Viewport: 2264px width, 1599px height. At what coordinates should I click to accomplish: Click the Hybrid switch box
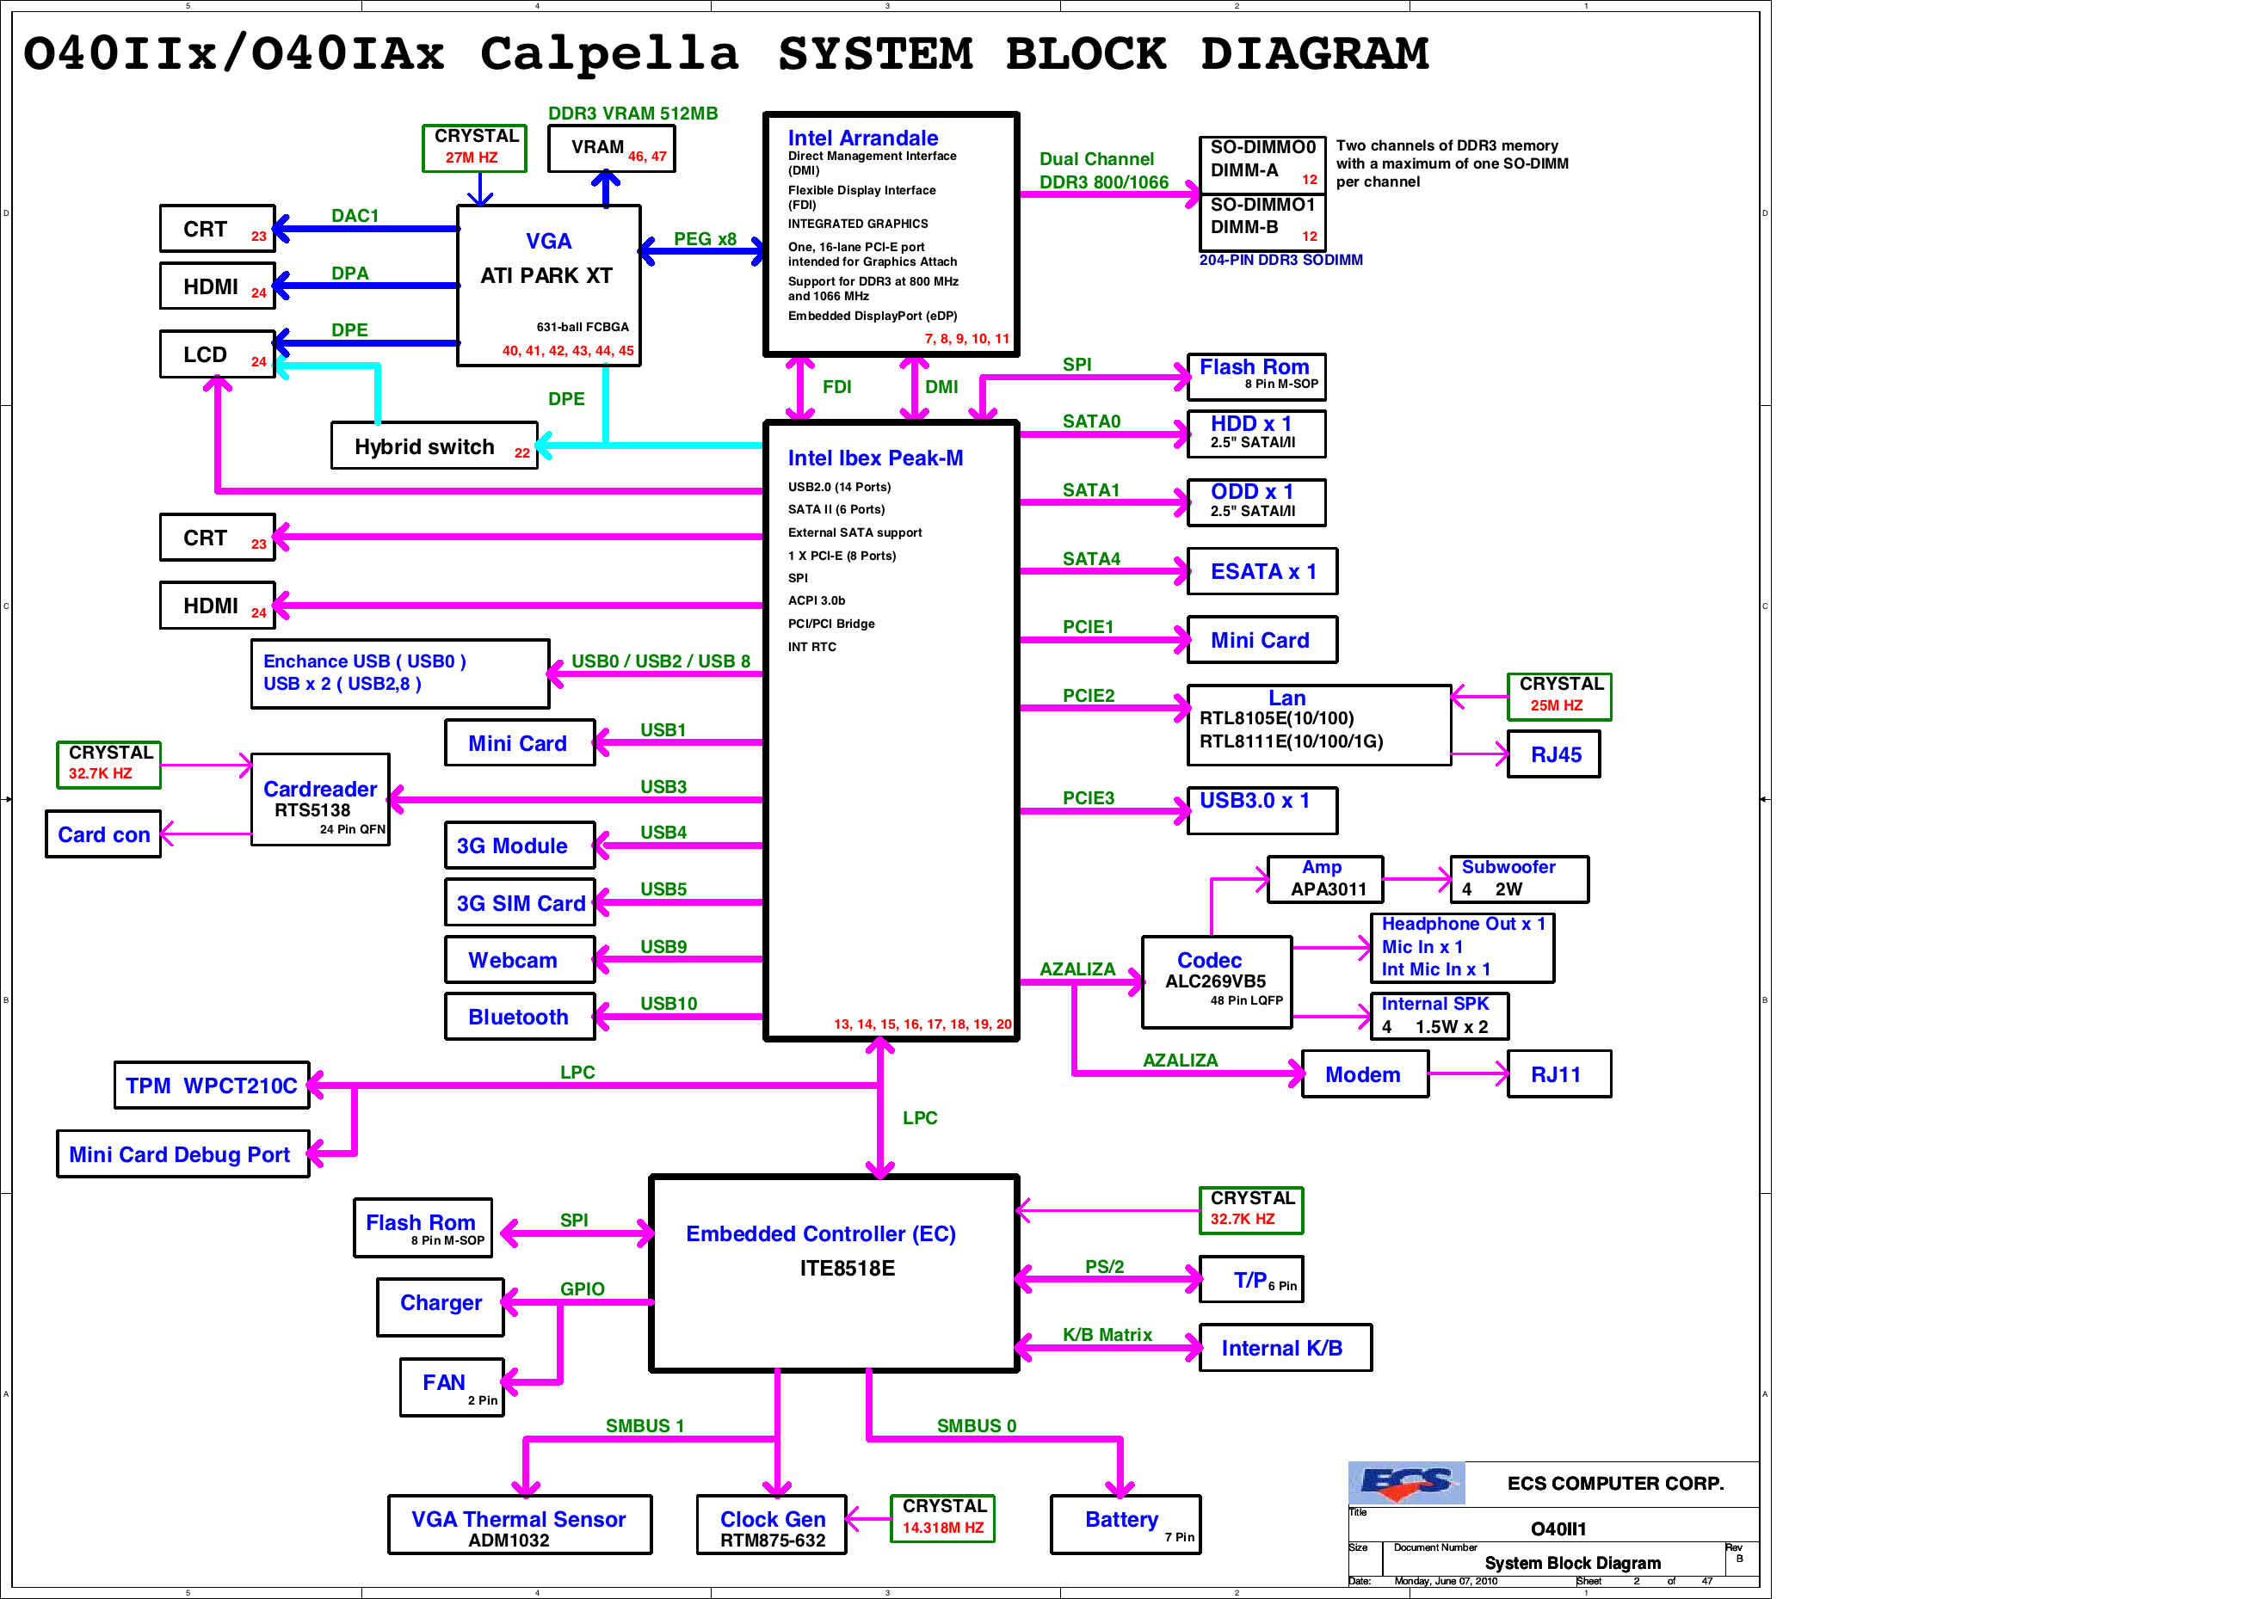pyautogui.click(x=433, y=446)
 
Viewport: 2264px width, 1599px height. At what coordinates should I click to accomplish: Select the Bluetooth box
pyautogui.click(x=519, y=1017)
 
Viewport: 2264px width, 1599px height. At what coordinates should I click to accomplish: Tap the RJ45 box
pyautogui.click(x=1554, y=755)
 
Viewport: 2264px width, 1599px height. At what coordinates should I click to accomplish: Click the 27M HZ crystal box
pyautogui.click(x=473, y=147)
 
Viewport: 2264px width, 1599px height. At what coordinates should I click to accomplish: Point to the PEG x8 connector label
pyautogui.click(x=704, y=238)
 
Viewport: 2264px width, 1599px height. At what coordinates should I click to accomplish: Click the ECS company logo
pyautogui.click(x=1405, y=1482)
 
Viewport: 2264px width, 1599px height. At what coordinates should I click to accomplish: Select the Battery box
pyautogui.click(x=1125, y=1524)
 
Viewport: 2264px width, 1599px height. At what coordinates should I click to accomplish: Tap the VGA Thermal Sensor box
pyautogui.click(x=519, y=1525)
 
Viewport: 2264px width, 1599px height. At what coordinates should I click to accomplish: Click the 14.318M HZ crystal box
pyautogui.click(x=941, y=1518)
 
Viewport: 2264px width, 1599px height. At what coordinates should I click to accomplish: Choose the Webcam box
pyautogui.click(x=519, y=960)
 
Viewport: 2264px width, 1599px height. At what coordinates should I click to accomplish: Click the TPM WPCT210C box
pyautogui.click(x=211, y=1085)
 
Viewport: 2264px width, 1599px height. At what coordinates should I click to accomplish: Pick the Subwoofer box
pyautogui.click(x=1519, y=878)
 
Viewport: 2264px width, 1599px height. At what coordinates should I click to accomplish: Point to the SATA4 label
pyautogui.click(x=1090, y=559)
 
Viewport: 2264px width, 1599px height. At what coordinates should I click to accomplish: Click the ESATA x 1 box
pyautogui.click(x=1262, y=572)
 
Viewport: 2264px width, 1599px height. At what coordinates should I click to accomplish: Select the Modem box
pyautogui.click(x=1364, y=1074)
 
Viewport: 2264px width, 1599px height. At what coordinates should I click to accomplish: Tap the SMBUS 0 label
pyautogui.click(x=975, y=1425)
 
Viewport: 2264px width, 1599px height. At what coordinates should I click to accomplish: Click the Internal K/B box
pyautogui.click(x=1285, y=1348)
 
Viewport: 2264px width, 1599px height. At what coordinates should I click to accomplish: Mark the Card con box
pyautogui.click(x=102, y=835)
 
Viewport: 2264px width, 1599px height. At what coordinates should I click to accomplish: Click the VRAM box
pyautogui.click(x=611, y=149)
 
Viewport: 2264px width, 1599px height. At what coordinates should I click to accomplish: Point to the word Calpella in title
pyautogui.click(x=608, y=53)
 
